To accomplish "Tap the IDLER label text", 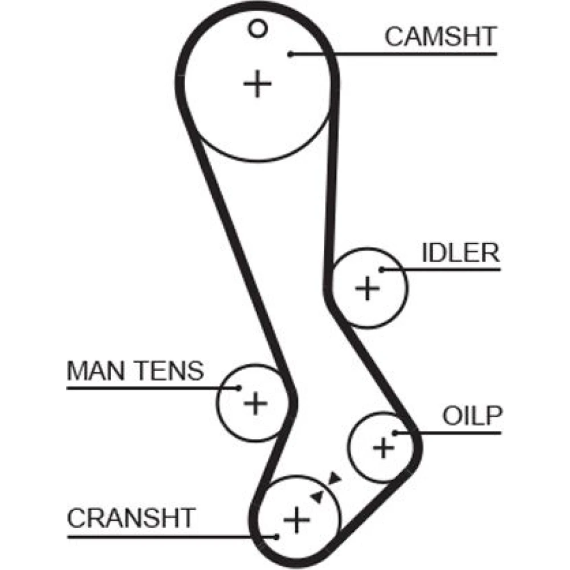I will pyautogui.click(x=460, y=253).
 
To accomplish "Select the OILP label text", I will pyautogui.click(x=473, y=417).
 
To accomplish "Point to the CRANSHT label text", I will pyautogui.click(x=131, y=518).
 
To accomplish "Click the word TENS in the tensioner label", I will pyautogui.click(x=172, y=371).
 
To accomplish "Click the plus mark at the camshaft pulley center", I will pyautogui.click(x=258, y=84).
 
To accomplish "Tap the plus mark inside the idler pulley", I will pyautogui.click(x=367, y=288).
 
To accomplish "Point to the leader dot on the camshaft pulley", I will pyautogui.click(x=290, y=54).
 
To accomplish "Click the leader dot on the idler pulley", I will pyautogui.click(x=381, y=270).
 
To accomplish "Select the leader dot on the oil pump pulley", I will pyautogui.click(x=394, y=433).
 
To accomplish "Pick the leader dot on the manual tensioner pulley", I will pyautogui.click(x=239, y=388).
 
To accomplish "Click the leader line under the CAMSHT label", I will pyautogui.click(x=399, y=54).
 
